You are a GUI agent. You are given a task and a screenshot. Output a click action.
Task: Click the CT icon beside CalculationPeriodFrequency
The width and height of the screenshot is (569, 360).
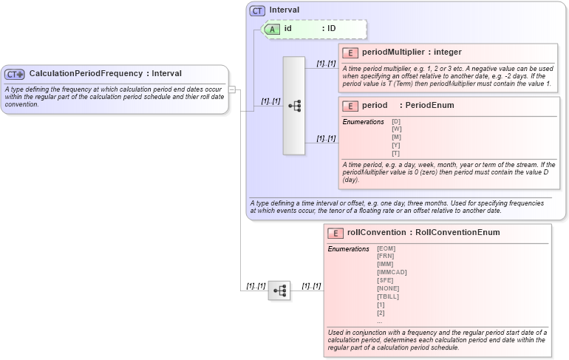tap(15, 74)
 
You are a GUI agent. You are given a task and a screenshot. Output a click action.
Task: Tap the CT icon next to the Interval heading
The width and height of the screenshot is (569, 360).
tap(257, 10)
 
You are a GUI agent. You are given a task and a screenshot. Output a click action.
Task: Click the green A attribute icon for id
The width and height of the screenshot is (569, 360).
tap(272, 29)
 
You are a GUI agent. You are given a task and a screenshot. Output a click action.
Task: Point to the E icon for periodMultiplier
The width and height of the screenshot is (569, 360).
tap(350, 52)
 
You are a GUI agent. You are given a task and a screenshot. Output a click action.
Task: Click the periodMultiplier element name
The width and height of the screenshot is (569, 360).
tap(393, 52)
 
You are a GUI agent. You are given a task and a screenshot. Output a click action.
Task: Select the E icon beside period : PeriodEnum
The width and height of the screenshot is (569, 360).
tap(350, 106)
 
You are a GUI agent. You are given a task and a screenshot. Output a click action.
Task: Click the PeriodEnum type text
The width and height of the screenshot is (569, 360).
tap(429, 106)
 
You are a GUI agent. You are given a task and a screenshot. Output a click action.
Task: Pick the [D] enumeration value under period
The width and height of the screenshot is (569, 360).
tap(396, 121)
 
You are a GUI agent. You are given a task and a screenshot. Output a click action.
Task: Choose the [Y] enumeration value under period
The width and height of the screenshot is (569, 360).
tap(396, 145)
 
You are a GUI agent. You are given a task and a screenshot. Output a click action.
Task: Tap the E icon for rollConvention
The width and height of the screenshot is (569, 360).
tap(335, 233)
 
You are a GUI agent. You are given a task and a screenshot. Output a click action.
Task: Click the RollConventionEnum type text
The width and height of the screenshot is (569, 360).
tap(457, 233)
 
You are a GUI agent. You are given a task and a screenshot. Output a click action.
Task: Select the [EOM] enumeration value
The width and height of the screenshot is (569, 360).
tap(386, 248)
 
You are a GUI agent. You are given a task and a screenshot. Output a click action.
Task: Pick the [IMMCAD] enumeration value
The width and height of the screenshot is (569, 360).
tap(392, 272)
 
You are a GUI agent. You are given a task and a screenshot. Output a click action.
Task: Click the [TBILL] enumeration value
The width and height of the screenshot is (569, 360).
tap(388, 296)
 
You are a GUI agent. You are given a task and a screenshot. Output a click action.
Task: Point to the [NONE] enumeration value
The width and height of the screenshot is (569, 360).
tap(387, 288)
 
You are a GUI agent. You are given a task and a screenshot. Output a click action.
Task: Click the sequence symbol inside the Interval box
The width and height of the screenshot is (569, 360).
tap(294, 106)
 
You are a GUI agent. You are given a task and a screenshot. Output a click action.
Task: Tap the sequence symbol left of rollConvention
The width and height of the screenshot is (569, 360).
tap(279, 291)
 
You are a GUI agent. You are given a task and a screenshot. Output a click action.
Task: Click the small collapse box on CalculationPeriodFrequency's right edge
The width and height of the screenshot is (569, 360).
tap(231, 89)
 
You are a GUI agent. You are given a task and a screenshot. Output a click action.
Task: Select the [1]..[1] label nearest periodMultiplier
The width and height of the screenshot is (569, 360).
tap(326, 64)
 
